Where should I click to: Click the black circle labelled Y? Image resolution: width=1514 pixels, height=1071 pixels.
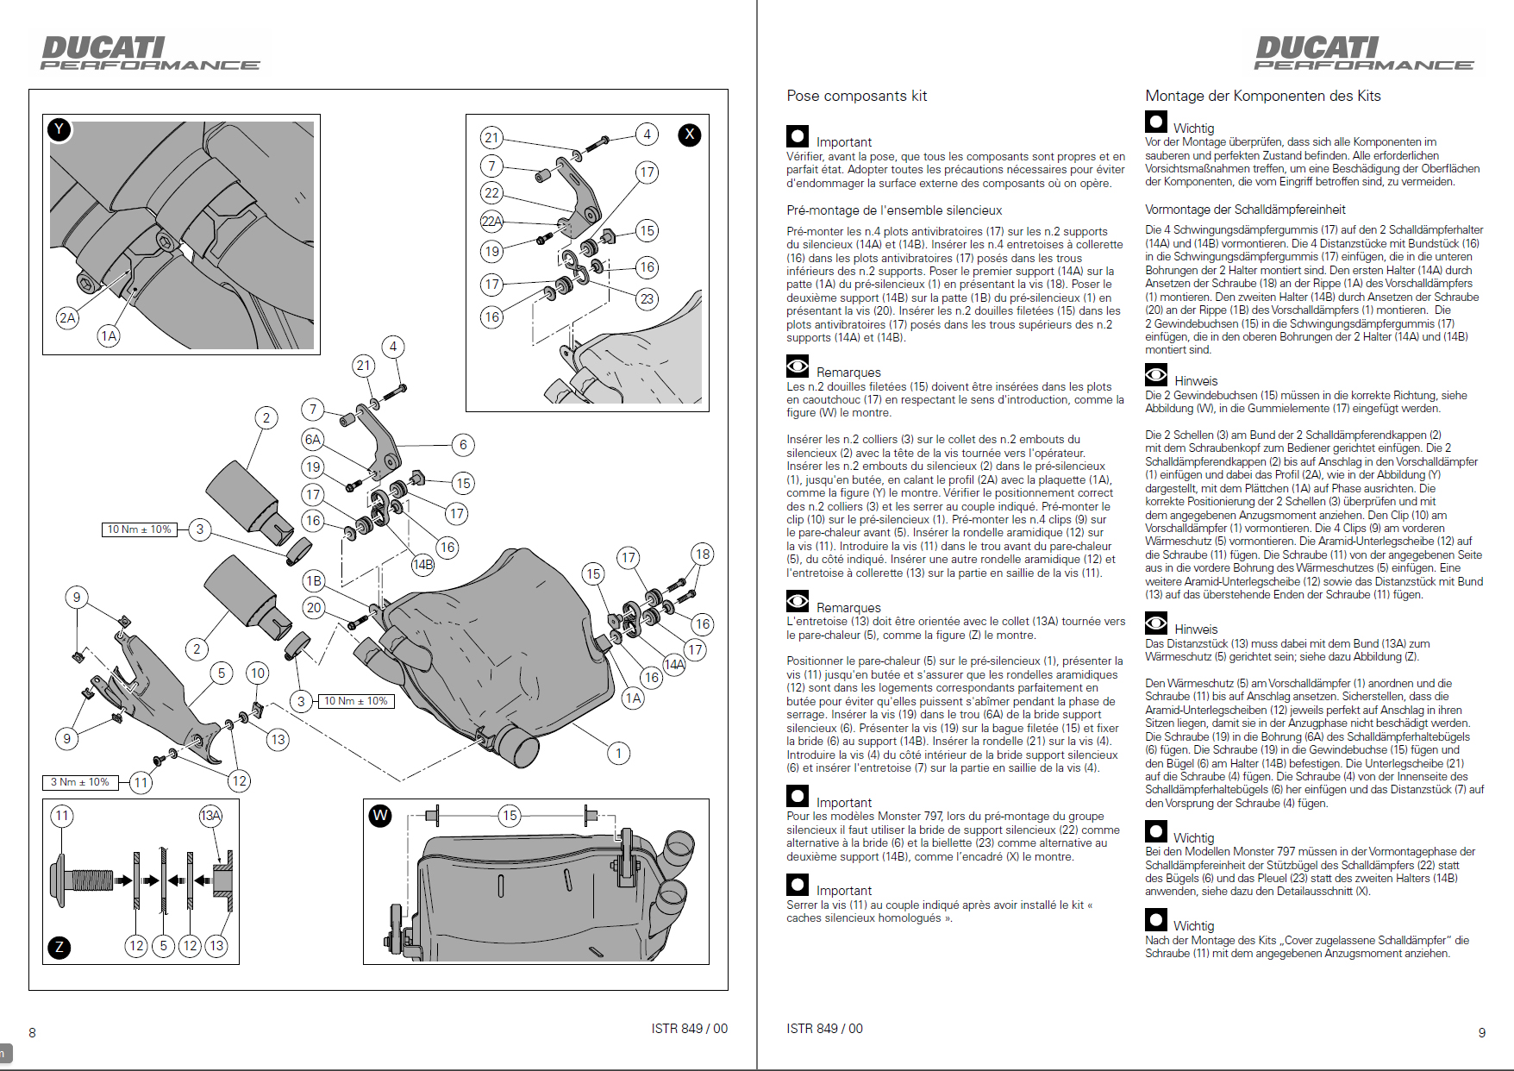point(59,129)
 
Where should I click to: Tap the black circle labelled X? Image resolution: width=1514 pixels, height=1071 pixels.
point(689,135)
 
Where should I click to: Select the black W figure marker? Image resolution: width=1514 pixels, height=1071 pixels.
point(380,815)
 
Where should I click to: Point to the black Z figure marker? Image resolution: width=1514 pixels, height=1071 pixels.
point(59,947)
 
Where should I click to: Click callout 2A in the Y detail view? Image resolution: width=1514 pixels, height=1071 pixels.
point(67,317)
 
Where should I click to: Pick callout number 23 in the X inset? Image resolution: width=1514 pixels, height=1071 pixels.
point(647,299)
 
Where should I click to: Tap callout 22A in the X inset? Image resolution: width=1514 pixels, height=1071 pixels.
point(491,221)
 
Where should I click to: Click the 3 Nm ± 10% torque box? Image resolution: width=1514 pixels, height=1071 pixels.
point(79,782)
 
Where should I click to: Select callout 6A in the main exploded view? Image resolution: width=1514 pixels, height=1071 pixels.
point(312,439)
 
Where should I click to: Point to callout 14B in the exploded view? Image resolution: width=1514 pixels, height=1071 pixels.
point(422,565)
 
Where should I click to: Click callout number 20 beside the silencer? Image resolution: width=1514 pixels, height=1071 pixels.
point(314,607)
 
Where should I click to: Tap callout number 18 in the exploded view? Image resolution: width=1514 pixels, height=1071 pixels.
point(703,554)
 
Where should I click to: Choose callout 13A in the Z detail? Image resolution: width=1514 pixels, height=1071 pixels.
point(210,816)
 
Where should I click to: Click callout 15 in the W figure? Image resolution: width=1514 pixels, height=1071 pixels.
point(510,815)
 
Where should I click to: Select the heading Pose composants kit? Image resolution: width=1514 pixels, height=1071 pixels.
point(856,96)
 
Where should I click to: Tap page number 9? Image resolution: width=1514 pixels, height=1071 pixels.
point(1481,1032)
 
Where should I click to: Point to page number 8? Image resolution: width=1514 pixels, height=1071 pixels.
point(33,1032)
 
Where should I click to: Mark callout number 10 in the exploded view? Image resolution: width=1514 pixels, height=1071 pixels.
point(257,673)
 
